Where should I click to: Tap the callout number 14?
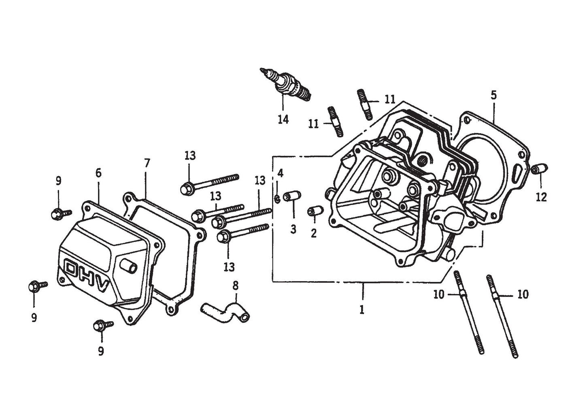[283, 119]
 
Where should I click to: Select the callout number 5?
[493, 96]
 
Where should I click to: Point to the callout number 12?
[541, 197]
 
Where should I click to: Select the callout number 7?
[147, 163]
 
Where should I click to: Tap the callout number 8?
[235, 286]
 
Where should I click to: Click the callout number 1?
[362, 310]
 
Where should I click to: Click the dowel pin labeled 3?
[291, 197]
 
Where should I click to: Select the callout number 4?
[280, 173]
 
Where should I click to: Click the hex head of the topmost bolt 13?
[187, 188]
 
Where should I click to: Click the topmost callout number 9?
[58, 181]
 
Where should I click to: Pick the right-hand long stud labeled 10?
[502, 316]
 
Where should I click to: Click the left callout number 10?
[438, 294]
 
